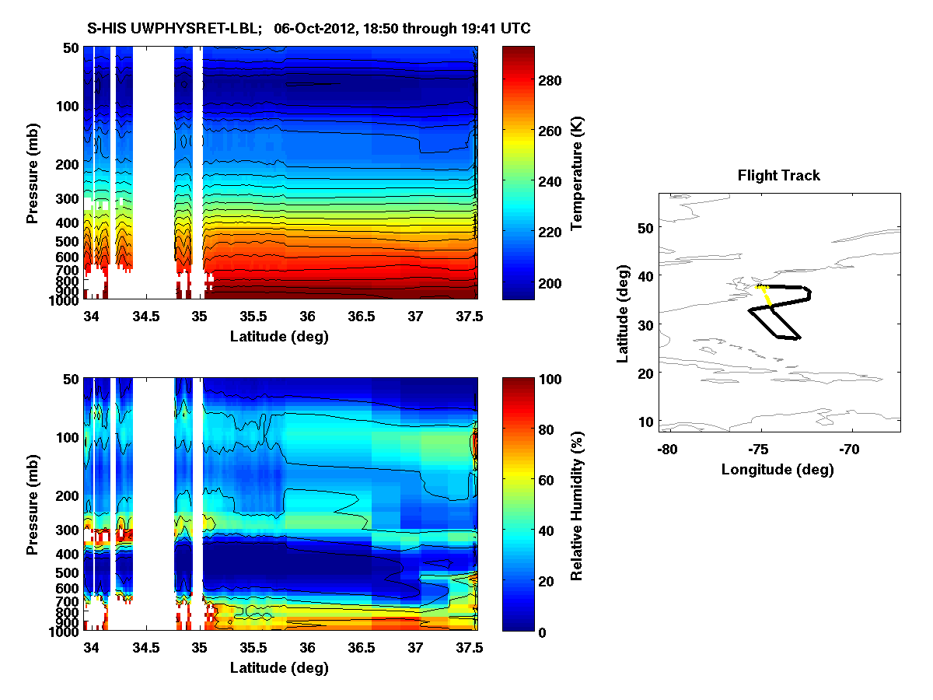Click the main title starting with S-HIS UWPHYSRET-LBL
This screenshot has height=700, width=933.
pyautogui.click(x=309, y=29)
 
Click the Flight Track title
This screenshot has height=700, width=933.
pyautogui.click(x=778, y=176)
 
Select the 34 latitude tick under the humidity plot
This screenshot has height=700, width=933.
pyautogui.click(x=91, y=647)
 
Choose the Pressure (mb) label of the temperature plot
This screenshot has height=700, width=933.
pyautogui.click(x=33, y=173)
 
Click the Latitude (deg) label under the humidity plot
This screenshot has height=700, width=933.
pyautogui.click(x=279, y=667)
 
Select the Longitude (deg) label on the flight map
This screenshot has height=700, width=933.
pyautogui.click(x=777, y=469)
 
